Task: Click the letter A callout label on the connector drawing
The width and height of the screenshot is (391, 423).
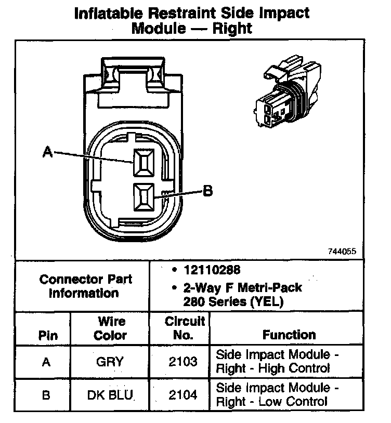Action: [47, 152]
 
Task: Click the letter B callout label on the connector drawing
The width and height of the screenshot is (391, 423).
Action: [207, 192]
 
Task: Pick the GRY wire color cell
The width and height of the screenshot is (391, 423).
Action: [110, 362]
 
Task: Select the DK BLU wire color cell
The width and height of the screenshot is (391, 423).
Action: [110, 395]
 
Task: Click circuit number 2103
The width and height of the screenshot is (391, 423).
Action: [183, 362]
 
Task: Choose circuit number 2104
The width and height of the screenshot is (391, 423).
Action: [183, 395]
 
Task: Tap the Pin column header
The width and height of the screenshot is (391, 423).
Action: [48, 335]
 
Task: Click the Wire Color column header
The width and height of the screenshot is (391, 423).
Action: [110, 328]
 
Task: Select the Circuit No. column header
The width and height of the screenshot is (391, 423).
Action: [184, 328]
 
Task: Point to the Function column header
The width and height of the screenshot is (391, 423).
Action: [289, 335]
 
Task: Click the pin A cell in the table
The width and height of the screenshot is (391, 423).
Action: [46, 362]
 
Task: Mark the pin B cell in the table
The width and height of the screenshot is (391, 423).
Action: [46, 395]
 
